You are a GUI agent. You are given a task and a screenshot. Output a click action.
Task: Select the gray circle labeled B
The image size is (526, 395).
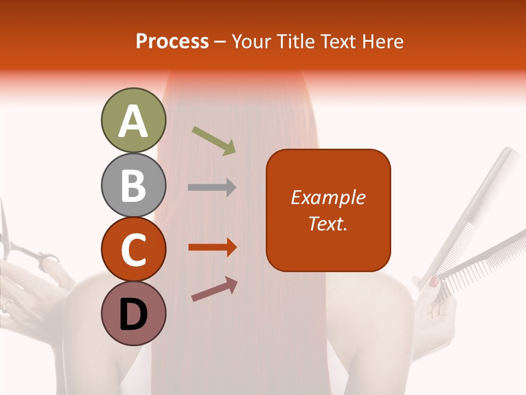pos(133,185)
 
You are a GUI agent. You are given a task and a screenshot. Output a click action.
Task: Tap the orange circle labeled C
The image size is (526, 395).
pos(133,249)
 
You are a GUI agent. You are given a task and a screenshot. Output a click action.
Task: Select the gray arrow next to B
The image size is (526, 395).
pos(211,188)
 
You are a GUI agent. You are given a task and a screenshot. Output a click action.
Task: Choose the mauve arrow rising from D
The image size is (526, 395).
pos(214,289)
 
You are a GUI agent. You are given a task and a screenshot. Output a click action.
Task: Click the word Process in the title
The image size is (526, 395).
pos(172,41)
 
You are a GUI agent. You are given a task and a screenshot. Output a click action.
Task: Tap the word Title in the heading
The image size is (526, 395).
pos(296,41)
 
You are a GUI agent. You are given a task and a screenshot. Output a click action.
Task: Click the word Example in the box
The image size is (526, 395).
pos(328,198)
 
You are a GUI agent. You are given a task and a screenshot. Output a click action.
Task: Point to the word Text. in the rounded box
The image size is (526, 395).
pos(328,224)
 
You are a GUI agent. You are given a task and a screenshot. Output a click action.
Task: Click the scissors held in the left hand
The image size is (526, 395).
pos(22,247)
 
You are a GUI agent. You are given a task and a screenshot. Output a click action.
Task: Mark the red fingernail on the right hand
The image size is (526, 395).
pos(433,283)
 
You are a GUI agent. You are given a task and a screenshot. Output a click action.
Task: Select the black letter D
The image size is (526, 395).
pos(133,315)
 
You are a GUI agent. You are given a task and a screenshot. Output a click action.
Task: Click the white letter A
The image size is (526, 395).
pos(133,122)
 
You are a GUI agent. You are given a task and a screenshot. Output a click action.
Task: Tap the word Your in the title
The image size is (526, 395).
pos(248,41)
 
